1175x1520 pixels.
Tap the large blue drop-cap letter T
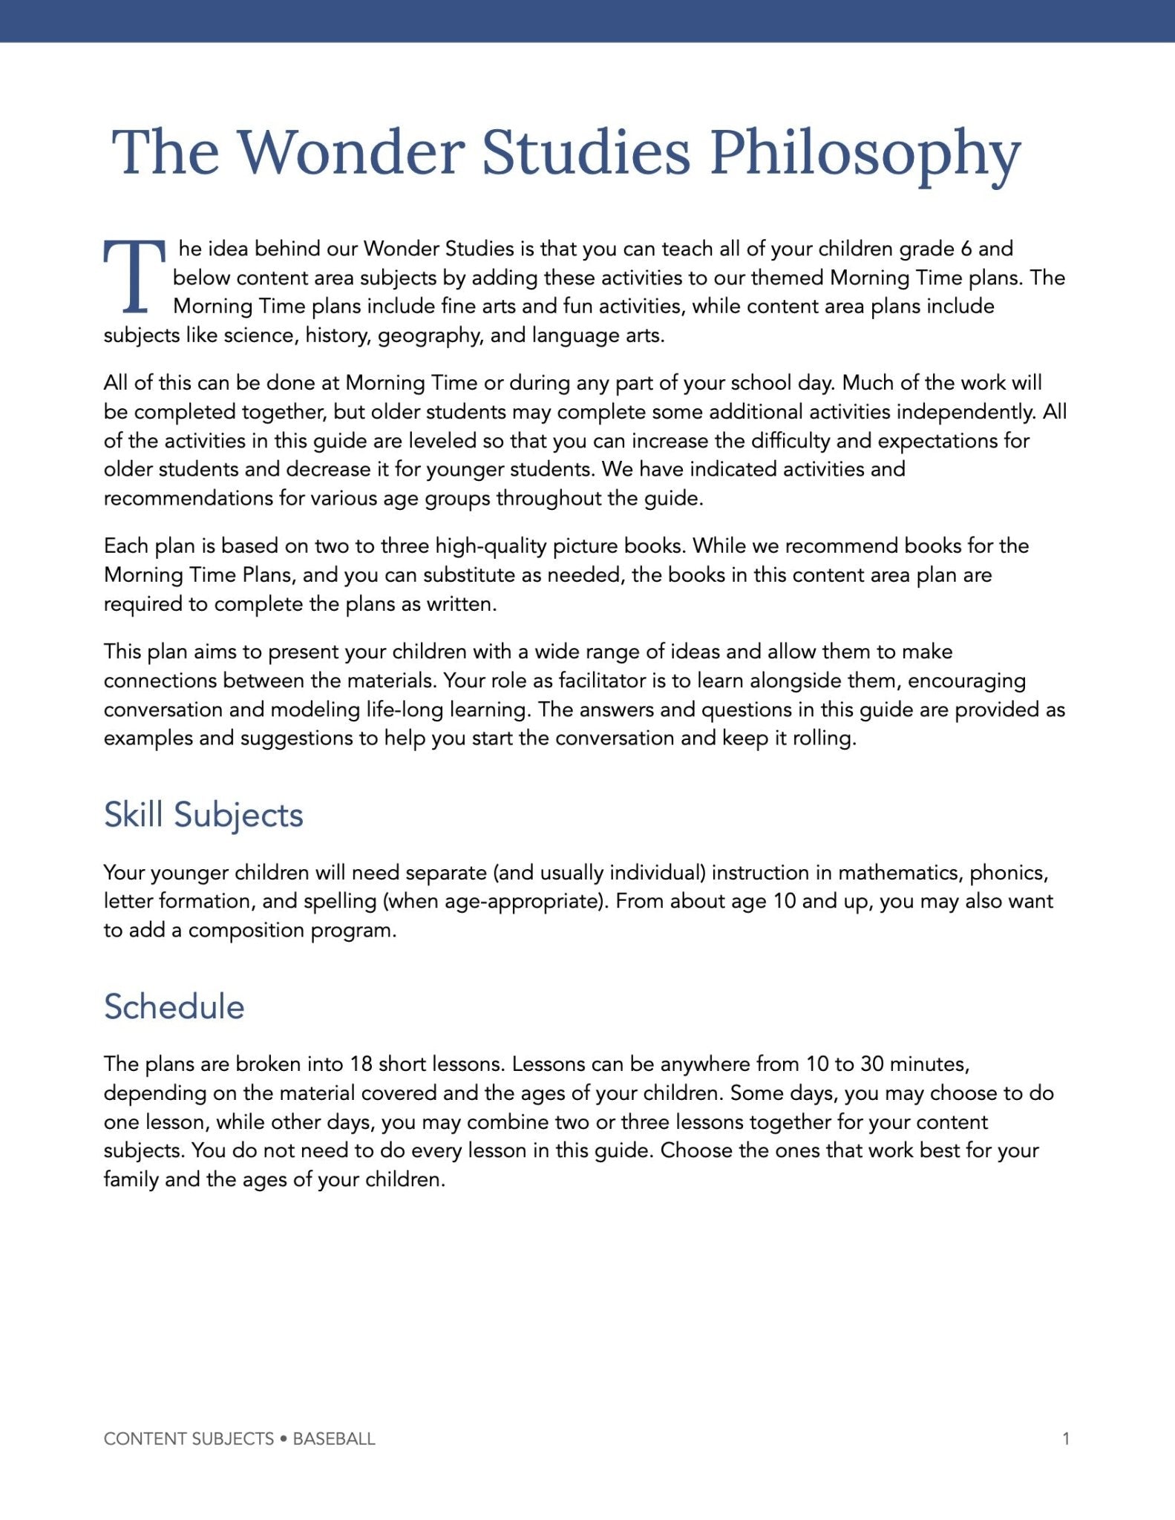pos(134,276)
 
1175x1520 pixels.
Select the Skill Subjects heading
pos(203,815)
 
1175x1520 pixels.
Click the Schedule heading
pos(174,1007)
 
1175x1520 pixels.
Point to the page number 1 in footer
pos(1066,1439)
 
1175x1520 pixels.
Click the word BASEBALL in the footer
pos(334,1439)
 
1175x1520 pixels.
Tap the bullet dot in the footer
pos(284,1439)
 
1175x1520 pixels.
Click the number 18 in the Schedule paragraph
pos(361,1064)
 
